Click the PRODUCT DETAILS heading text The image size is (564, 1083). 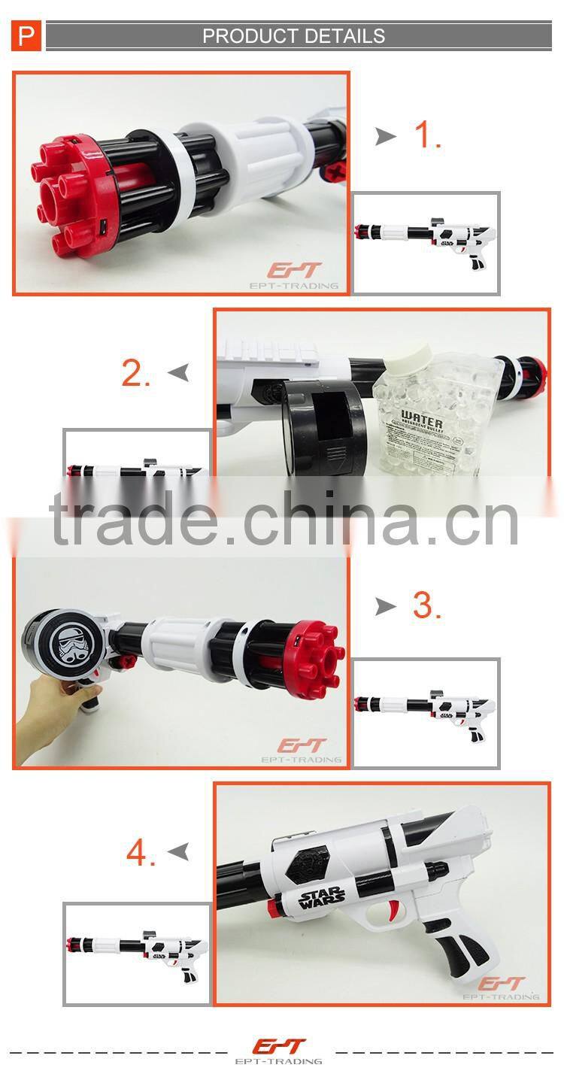click(x=293, y=36)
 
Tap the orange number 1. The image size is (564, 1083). click(x=429, y=135)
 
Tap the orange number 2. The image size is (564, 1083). click(x=136, y=373)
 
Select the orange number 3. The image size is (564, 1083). click(x=426, y=606)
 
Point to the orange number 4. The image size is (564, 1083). click(x=141, y=853)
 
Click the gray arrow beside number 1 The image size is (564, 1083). click(x=386, y=136)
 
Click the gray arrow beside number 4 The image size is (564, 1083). click(x=178, y=851)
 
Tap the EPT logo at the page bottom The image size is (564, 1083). click(x=280, y=1048)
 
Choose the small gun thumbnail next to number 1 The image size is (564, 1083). click(x=426, y=242)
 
